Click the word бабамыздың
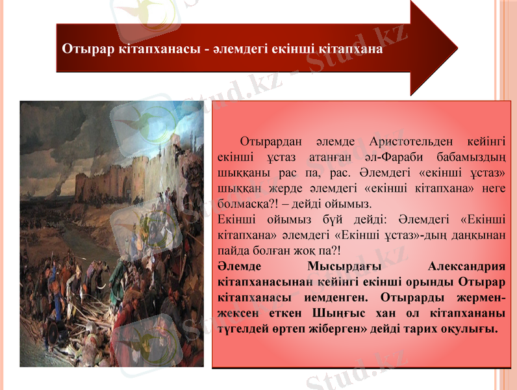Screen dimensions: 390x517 (x=475, y=157)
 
